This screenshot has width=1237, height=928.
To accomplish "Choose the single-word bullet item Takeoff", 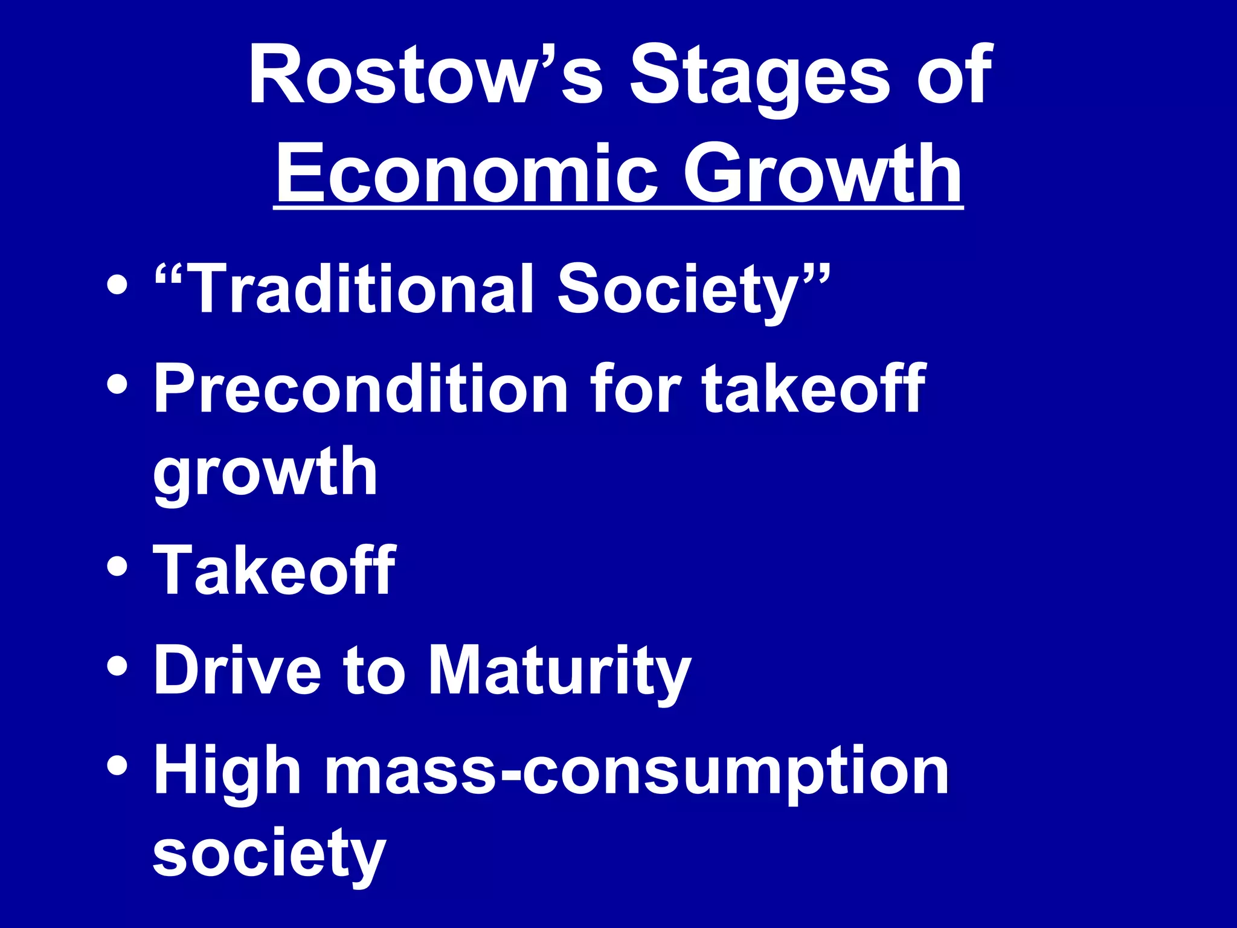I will point(274,570).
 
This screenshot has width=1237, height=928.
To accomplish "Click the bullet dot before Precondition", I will point(117,384).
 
